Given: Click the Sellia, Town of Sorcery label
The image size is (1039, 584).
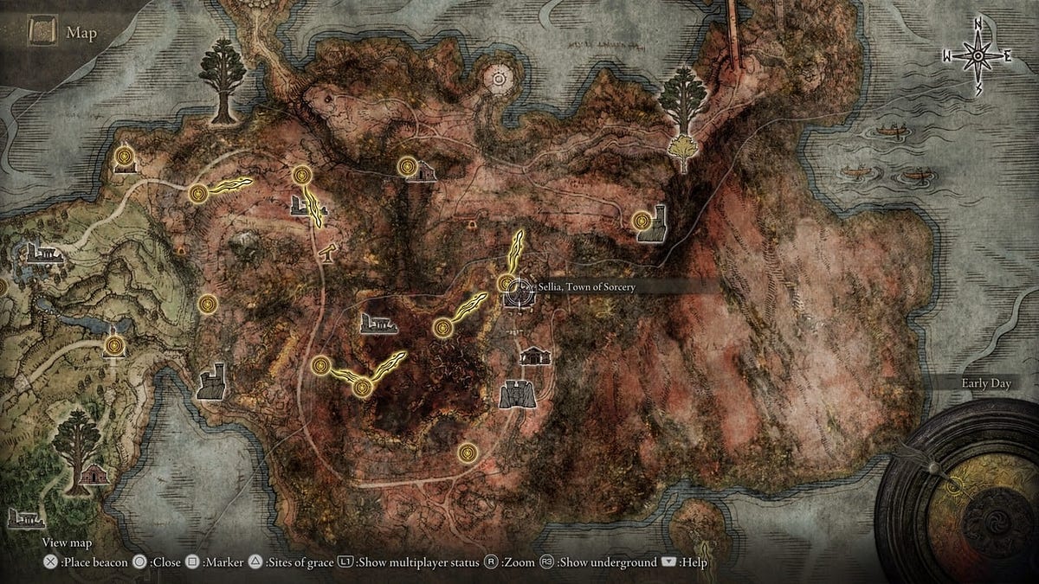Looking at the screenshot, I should pos(587,286).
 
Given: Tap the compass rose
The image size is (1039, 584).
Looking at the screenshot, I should pos(978,55).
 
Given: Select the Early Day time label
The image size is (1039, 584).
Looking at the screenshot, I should pos(986,383).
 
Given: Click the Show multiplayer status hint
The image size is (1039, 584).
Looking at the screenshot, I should pos(419,562).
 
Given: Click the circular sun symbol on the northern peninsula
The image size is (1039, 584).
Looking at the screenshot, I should pos(498,80).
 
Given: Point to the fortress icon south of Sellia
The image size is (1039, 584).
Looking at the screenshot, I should pos(516,394).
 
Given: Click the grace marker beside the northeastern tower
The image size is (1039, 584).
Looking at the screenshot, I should pos(642,221).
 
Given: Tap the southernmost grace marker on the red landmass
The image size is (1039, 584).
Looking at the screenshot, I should pos(468,451).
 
